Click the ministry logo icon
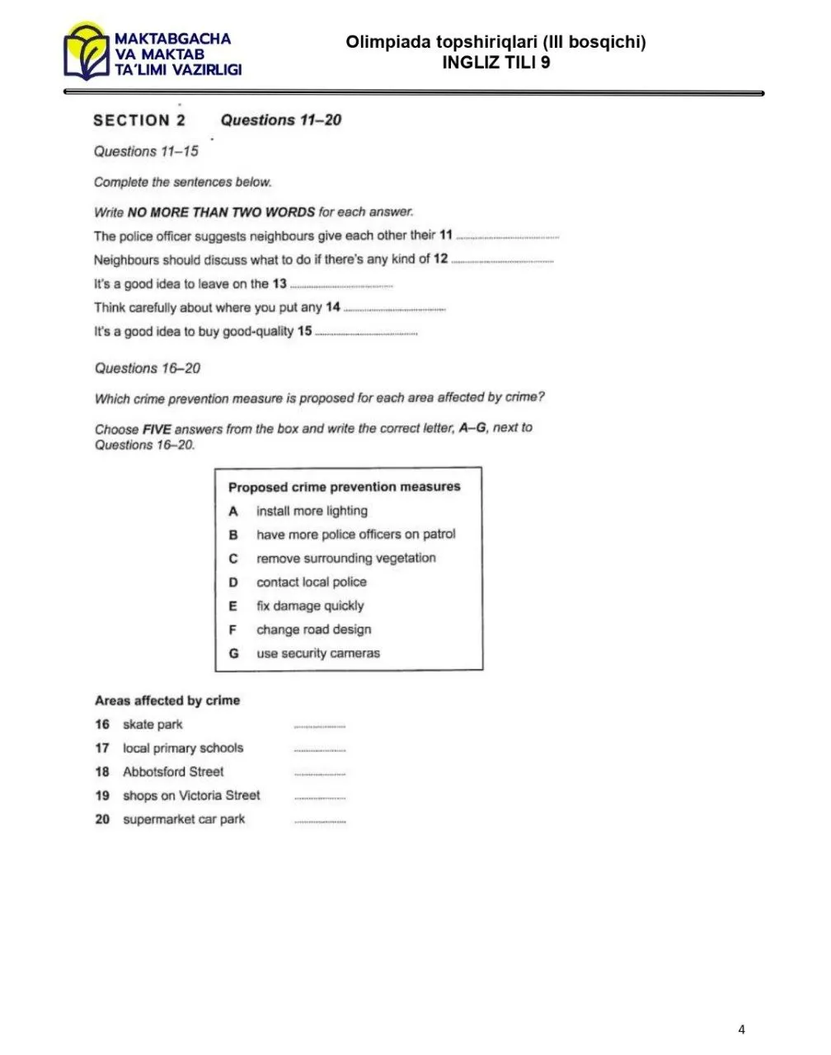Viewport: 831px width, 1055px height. (x=86, y=53)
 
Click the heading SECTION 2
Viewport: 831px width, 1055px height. (x=139, y=120)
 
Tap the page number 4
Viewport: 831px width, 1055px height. (x=741, y=1029)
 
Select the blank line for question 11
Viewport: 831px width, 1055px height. (x=507, y=237)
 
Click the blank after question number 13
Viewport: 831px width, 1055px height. (x=341, y=285)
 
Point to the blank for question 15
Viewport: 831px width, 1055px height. (x=366, y=332)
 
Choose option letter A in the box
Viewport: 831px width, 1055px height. (x=233, y=511)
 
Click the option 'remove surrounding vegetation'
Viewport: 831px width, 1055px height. (x=345, y=558)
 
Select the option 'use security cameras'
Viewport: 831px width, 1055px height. (x=318, y=654)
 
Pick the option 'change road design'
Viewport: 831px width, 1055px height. (x=313, y=630)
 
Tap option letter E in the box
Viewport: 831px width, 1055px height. (x=233, y=606)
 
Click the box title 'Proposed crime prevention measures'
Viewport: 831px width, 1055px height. (x=344, y=487)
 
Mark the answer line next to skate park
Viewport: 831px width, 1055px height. (x=320, y=726)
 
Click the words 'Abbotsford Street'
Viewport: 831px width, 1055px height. (x=173, y=772)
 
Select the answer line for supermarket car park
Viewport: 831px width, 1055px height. (x=320, y=821)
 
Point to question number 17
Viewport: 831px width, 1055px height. (x=102, y=748)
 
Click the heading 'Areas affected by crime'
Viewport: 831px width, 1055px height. (x=167, y=701)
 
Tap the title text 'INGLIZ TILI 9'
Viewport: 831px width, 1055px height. (x=495, y=63)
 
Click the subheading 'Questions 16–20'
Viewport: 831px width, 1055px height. (x=148, y=368)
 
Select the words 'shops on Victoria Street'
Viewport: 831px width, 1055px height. (x=191, y=795)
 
